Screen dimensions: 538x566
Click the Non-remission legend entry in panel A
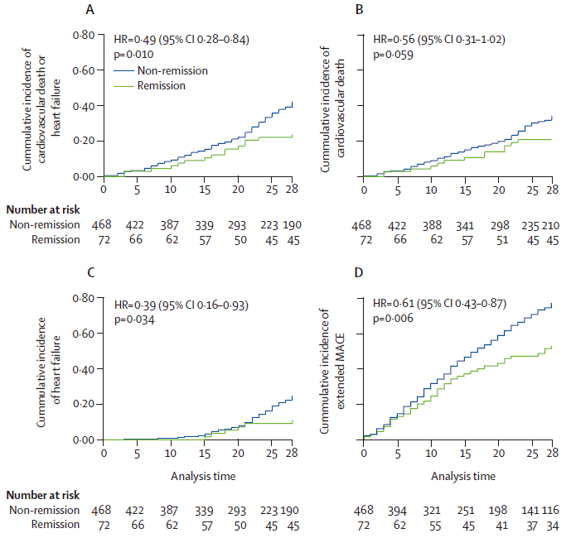pyautogui.click(x=172, y=70)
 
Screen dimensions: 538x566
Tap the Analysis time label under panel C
pyautogui.click(x=203, y=476)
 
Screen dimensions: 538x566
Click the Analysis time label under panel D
pyautogui.click(x=463, y=476)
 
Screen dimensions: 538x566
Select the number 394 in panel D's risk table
pyautogui.click(x=399, y=511)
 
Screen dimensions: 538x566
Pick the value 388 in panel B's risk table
pyautogui.click(x=433, y=224)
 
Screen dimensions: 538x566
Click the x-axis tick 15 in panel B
pyautogui.click(x=465, y=190)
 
